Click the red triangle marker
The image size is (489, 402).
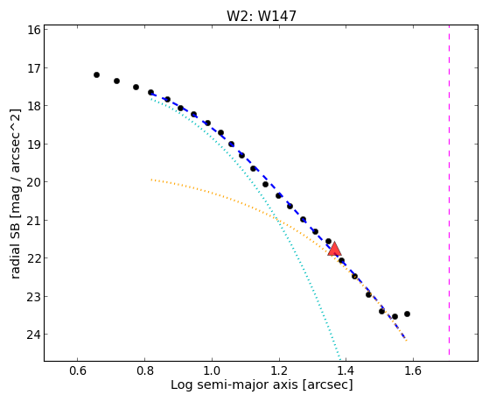pyautogui.click(x=335, y=249)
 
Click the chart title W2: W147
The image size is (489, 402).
pyautogui.click(x=262, y=16)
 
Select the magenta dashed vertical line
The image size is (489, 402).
pyautogui.click(x=449, y=190)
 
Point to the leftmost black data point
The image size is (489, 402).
pyautogui.click(x=97, y=75)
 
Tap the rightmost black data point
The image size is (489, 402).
pyautogui.click(x=407, y=314)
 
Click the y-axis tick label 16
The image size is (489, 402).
pyautogui.click(x=34, y=30)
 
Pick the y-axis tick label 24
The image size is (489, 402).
pyautogui.click(x=34, y=335)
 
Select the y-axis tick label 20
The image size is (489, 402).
pyautogui.click(x=34, y=182)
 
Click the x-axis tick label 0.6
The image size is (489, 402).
pyautogui.click(x=77, y=370)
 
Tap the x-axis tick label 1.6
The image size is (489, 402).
pyautogui.click(x=413, y=370)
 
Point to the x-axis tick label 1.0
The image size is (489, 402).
pyautogui.click(x=212, y=370)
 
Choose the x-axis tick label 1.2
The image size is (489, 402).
pyautogui.click(x=279, y=370)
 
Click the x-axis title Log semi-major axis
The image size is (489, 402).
pyautogui.click(x=234, y=384)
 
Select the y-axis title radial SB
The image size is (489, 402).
pyautogui.click(x=15, y=247)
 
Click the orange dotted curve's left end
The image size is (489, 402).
pyautogui.click(x=151, y=180)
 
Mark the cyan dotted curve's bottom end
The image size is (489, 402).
pyautogui.click(x=340, y=359)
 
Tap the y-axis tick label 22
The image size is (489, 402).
pyautogui.click(x=34, y=258)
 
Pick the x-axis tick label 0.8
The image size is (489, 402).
pyautogui.click(x=144, y=370)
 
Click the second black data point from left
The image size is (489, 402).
pyautogui.click(x=116, y=81)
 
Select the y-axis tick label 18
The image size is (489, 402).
pyautogui.click(x=34, y=106)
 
